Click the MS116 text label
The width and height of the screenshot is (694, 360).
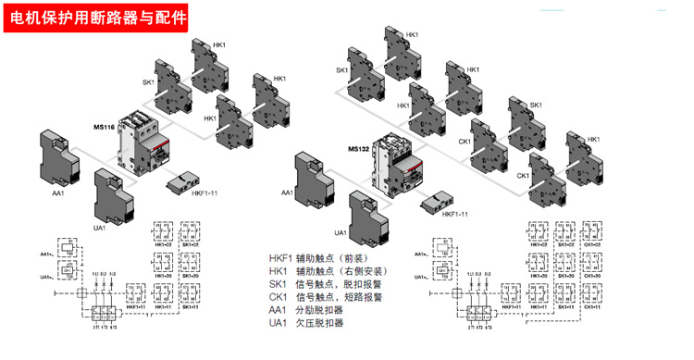[x=105, y=126]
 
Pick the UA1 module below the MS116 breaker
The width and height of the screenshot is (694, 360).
[x=114, y=193]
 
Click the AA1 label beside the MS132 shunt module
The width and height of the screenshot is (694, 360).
[x=287, y=192]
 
